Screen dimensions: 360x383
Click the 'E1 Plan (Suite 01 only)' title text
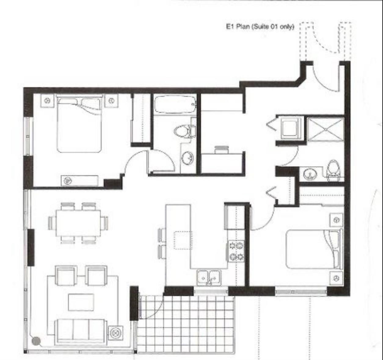(x=260, y=27)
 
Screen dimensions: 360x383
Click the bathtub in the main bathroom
(x=174, y=105)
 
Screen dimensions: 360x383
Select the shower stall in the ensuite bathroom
(x=326, y=129)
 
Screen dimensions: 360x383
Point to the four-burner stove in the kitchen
(x=236, y=251)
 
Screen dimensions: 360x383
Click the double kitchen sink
(x=209, y=277)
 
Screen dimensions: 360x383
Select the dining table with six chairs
(x=78, y=223)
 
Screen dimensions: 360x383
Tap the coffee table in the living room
(x=81, y=302)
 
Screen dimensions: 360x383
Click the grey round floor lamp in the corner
(x=36, y=341)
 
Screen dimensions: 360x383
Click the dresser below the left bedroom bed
(x=79, y=180)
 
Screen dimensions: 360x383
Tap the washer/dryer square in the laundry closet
(x=289, y=128)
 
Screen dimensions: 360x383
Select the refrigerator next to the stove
(x=234, y=217)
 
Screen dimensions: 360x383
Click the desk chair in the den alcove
(x=222, y=149)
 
